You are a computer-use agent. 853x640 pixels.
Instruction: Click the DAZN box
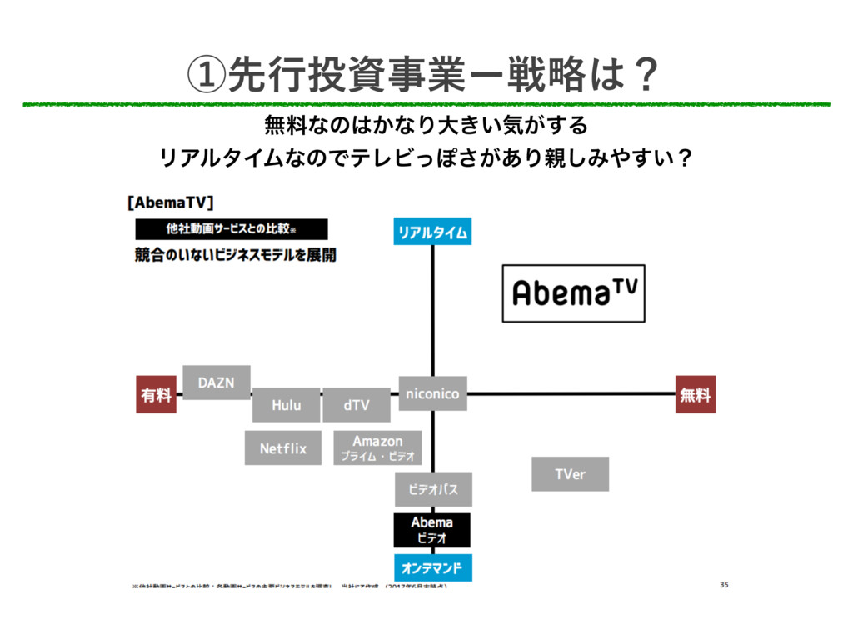(x=216, y=382)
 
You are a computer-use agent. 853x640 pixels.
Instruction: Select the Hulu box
(x=286, y=405)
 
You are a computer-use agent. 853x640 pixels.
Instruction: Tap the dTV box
(x=356, y=405)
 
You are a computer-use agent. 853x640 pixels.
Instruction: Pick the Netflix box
(x=282, y=448)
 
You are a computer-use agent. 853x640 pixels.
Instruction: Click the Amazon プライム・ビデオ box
(x=377, y=448)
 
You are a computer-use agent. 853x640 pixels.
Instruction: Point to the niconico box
(x=431, y=393)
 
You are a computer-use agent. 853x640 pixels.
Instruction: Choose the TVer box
(x=570, y=474)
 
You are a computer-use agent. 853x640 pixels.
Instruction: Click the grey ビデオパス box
(x=432, y=489)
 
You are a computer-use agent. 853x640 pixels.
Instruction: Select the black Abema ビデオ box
(x=431, y=530)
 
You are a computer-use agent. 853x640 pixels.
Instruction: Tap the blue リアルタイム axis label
(x=431, y=231)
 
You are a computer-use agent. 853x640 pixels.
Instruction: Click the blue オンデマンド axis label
(x=431, y=568)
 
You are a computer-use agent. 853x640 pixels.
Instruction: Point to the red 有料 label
(x=156, y=395)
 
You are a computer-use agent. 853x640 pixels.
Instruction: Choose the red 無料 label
(x=695, y=395)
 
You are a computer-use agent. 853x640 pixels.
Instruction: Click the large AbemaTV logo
(x=574, y=292)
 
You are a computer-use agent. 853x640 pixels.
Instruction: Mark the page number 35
(x=724, y=586)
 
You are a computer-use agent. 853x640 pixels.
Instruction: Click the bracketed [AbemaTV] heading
(x=171, y=202)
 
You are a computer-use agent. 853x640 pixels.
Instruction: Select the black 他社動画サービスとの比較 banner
(x=232, y=229)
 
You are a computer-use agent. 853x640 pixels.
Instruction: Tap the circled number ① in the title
(x=207, y=77)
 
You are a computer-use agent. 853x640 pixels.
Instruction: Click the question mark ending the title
(x=643, y=77)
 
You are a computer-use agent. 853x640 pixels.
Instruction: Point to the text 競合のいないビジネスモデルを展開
(x=236, y=255)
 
